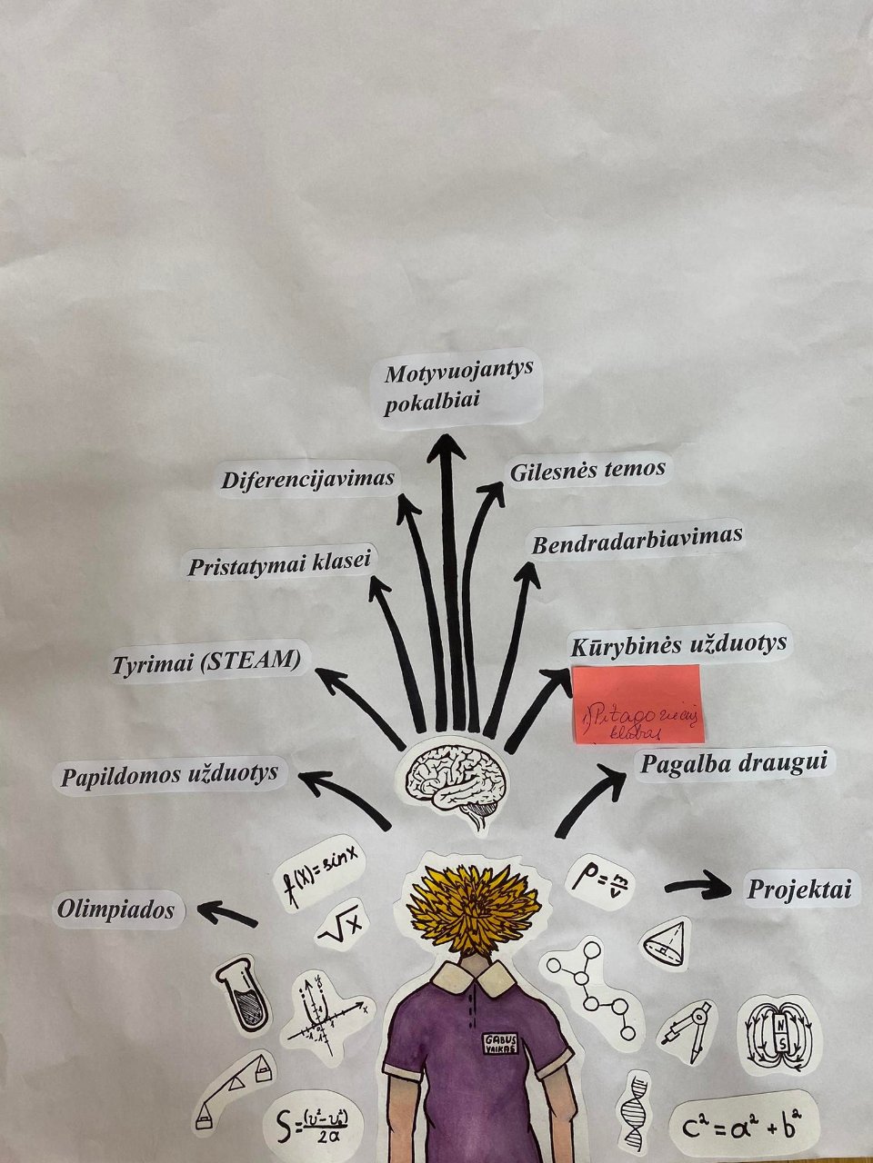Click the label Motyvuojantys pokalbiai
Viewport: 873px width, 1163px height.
pos(457,388)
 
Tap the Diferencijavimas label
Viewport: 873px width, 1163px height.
pos(308,478)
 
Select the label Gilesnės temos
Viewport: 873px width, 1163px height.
pos(587,471)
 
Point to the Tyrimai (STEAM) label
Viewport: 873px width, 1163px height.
pos(206,661)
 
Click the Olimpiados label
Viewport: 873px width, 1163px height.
pos(116,909)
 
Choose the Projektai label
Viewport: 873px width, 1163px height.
pos(799,890)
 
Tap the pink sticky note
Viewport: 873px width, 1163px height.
pos(637,705)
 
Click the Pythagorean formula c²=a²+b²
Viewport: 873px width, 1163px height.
pos(738,1127)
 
